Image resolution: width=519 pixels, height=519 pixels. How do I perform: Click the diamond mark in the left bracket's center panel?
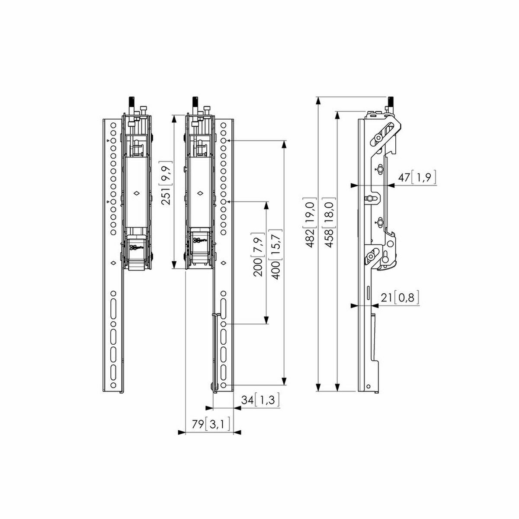137,193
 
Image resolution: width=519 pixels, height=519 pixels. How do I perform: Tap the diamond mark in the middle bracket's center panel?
201,193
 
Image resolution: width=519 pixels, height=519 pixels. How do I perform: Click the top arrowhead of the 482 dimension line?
319,101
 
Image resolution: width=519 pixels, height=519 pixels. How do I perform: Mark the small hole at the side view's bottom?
368,387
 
